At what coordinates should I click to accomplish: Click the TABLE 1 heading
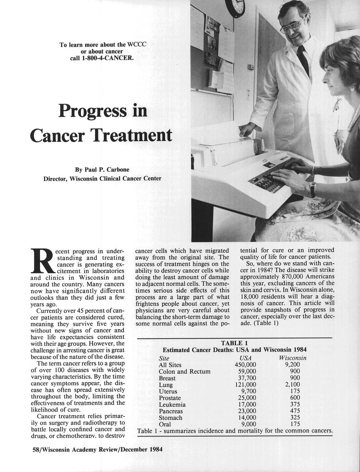(234, 343)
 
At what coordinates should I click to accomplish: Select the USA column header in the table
(245, 358)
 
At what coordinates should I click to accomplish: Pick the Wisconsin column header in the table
(292, 358)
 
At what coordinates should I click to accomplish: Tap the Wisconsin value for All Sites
(292, 365)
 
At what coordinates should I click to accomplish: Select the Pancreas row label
(171, 411)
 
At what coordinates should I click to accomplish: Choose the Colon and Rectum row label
(185, 371)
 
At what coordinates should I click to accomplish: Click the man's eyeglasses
(293, 25)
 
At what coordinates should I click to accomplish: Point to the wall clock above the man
(235, 6)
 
